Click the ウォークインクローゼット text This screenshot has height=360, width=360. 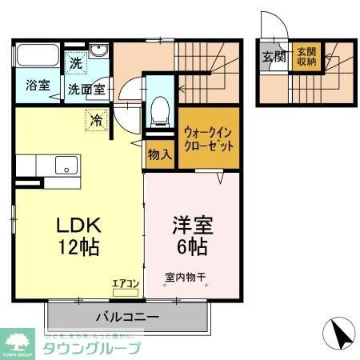209,141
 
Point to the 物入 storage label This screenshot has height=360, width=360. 159,155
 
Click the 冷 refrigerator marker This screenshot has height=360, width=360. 96,122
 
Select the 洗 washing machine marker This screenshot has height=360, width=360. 74,62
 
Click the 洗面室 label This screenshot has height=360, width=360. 86,90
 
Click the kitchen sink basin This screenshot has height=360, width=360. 63,166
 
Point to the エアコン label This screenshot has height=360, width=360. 126,282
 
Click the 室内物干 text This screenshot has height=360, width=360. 186,278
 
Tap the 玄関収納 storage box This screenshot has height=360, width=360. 305,58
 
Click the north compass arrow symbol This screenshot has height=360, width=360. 338,332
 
